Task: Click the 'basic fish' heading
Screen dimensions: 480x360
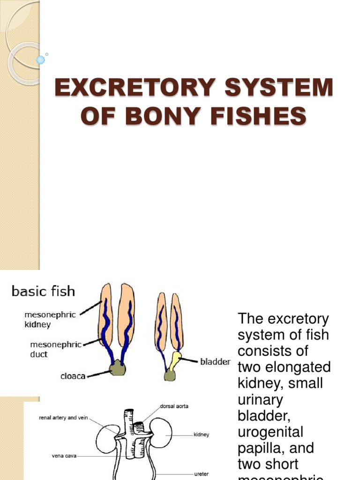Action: (x=43, y=292)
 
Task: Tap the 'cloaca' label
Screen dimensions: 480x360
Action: (x=73, y=376)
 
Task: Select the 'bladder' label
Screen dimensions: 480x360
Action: (x=215, y=362)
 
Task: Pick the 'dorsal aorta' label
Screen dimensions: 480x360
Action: (x=174, y=406)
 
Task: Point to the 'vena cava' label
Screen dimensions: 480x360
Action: (x=64, y=455)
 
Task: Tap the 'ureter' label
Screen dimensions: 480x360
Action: (x=201, y=474)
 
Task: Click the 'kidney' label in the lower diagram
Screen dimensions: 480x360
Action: (x=201, y=435)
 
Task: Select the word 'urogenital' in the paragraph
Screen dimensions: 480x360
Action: (x=270, y=432)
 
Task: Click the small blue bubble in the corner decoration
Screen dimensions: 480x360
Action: (x=41, y=60)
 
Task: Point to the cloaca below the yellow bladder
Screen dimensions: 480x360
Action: (x=170, y=375)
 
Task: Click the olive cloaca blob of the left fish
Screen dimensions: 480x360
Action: (x=118, y=368)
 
